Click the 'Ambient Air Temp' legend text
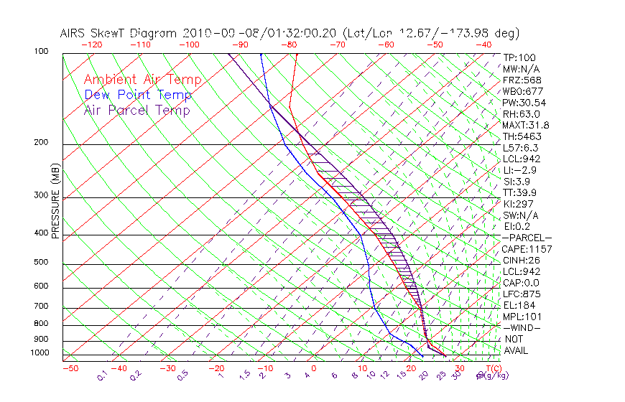(x=142, y=80)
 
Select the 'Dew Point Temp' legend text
(x=138, y=95)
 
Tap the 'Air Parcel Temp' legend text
(x=136, y=110)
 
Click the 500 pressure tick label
(x=42, y=262)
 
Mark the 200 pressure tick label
(x=42, y=142)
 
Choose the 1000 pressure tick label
(x=40, y=352)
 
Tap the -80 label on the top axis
(x=290, y=45)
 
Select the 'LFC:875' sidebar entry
(x=521, y=294)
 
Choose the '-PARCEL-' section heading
(x=527, y=238)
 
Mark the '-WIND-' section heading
(x=522, y=327)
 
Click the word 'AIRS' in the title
(x=73, y=33)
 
